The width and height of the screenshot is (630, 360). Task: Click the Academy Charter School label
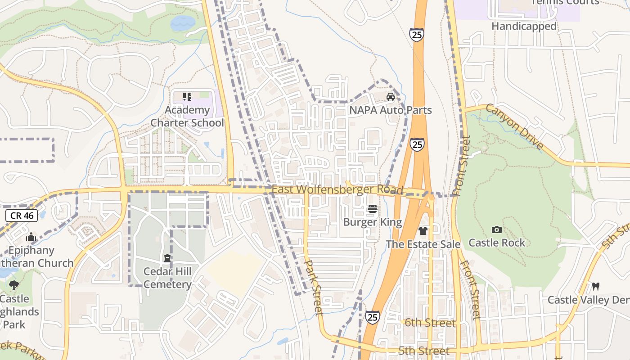[x=187, y=117]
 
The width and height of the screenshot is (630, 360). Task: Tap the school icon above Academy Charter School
[x=187, y=96]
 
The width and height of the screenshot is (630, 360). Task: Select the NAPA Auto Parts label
[x=391, y=110]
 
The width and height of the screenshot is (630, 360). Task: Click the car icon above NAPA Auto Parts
[x=391, y=96]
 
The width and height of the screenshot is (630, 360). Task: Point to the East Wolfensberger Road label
[x=337, y=189]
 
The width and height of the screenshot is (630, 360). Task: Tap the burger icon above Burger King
[x=373, y=209]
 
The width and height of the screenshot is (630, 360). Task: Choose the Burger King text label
[x=373, y=222]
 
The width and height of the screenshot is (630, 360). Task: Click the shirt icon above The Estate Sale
[x=423, y=231]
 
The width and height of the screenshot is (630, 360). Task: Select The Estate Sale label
[x=423, y=244]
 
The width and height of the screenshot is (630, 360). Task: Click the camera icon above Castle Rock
[x=497, y=229]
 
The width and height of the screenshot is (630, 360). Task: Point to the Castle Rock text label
[x=497, y=243]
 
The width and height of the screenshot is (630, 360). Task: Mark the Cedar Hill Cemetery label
[x=167, y=278]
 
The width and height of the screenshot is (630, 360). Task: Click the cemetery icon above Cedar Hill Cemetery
[x=167, y=258]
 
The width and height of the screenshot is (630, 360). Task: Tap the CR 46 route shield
[x=22, y=216]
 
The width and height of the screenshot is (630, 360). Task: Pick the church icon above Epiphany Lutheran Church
[x=31, y=237]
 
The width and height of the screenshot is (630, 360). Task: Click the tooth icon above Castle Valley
[x=596, y=286]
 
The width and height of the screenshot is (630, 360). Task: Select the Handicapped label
[x=524, y=27]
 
